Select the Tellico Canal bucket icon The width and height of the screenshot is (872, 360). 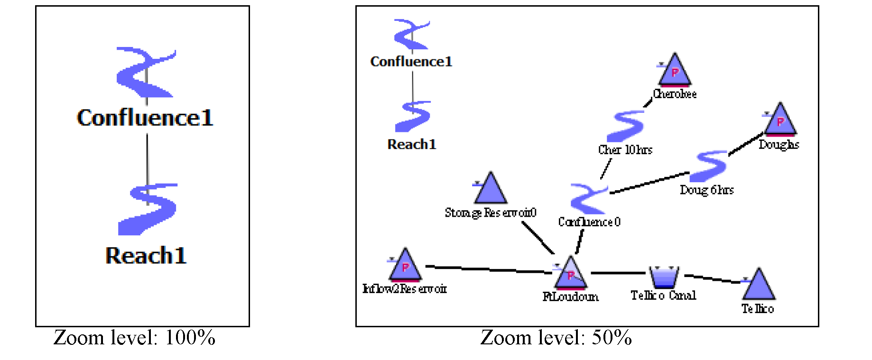664,277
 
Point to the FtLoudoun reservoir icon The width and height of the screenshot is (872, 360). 571,275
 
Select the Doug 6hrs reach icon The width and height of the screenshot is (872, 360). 709,166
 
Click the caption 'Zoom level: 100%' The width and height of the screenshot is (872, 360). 134,338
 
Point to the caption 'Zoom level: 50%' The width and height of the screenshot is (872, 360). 556,338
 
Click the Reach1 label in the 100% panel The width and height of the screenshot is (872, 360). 146,256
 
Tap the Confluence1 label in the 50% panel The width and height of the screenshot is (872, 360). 411,62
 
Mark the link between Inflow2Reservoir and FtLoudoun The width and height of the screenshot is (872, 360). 489,269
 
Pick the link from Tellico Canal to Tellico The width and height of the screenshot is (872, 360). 712,278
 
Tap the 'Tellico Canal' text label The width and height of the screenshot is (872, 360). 663,295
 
